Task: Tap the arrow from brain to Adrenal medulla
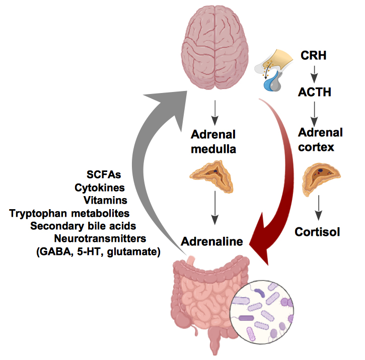coord(215,113)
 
